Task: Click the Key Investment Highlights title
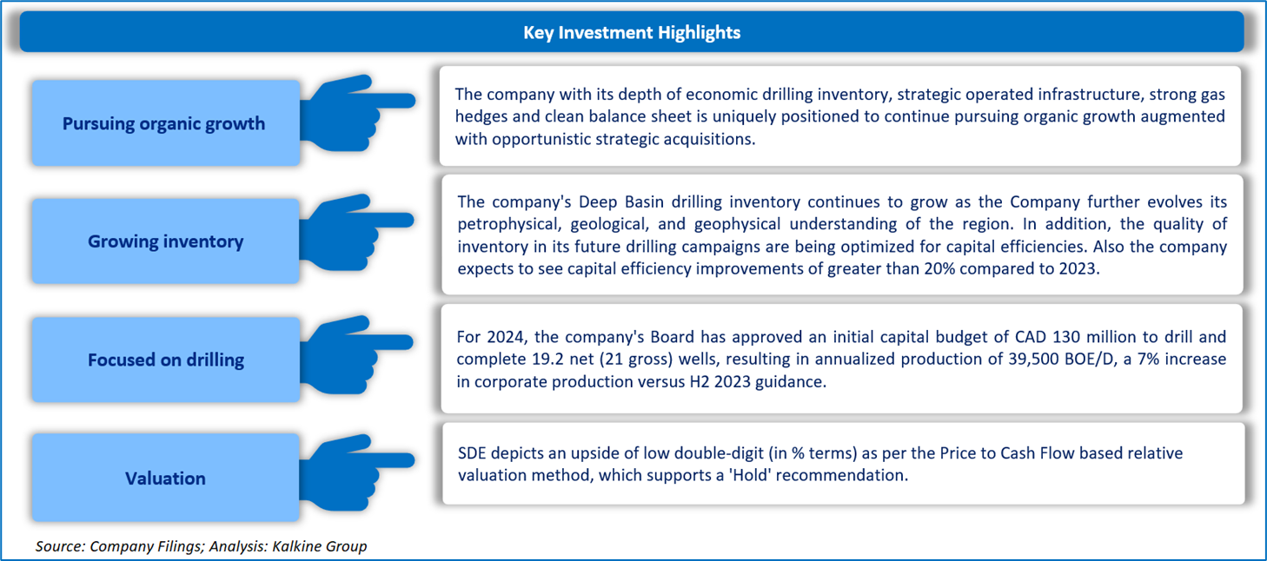631,33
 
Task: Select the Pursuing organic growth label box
166,122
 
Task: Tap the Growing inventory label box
166,241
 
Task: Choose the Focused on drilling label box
166,360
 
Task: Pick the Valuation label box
166,478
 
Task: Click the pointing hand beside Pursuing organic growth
357,113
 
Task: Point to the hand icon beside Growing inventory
356,232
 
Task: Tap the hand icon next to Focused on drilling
356,354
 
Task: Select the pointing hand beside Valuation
356,472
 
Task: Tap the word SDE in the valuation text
472,453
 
